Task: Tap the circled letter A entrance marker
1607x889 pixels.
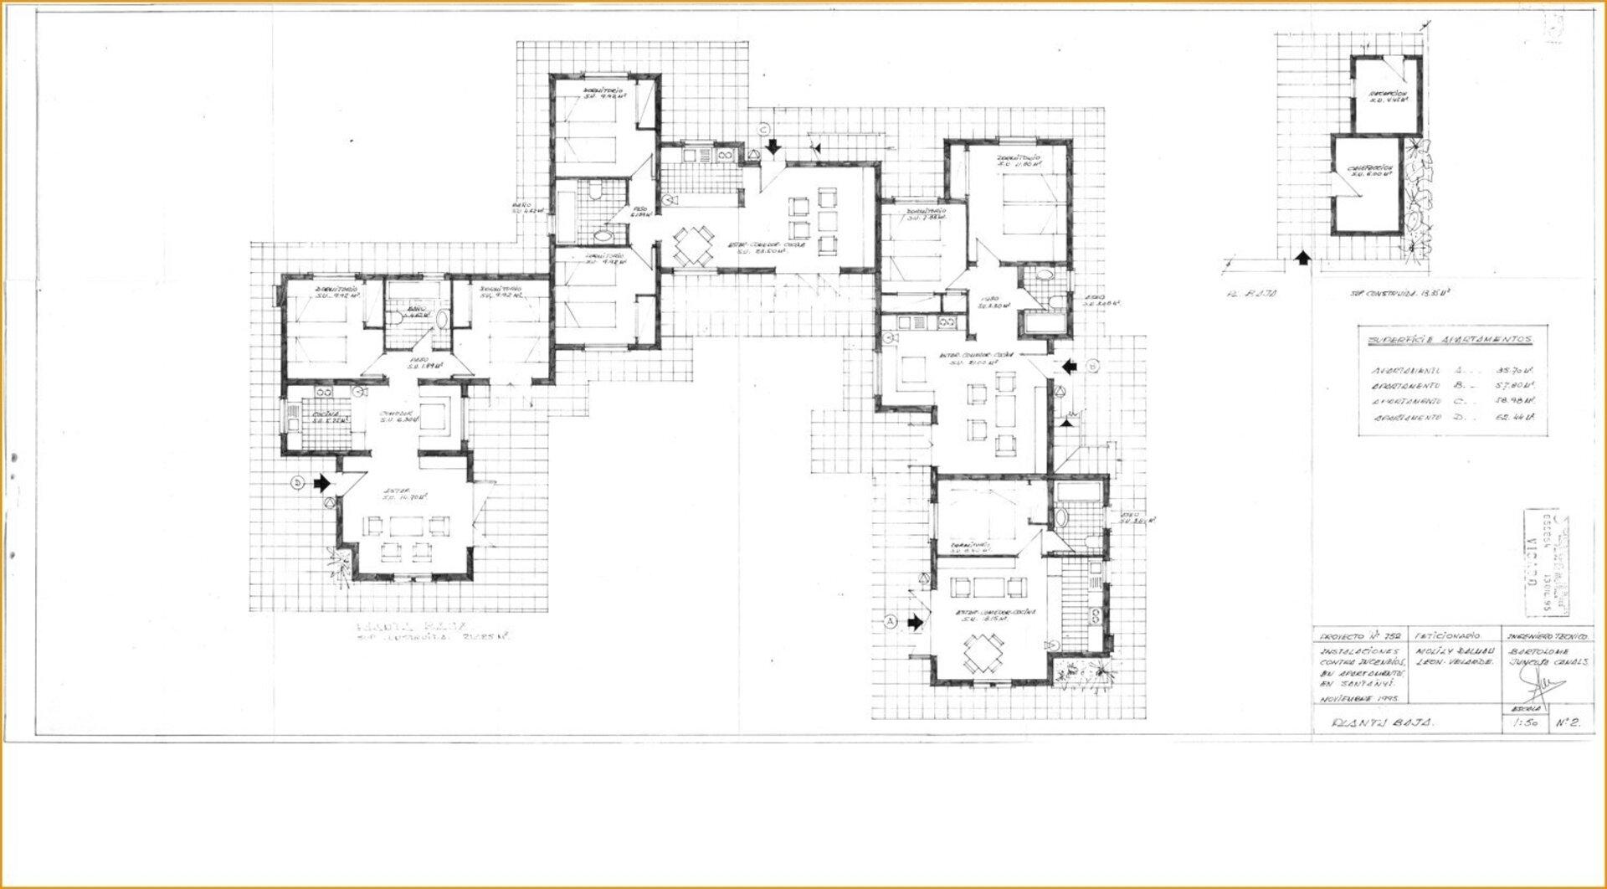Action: click(891, 621)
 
